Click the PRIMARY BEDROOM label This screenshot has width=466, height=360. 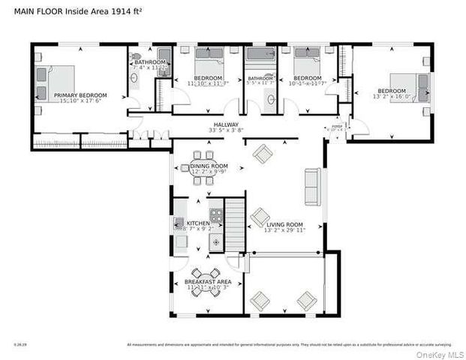click(x=80, y=95)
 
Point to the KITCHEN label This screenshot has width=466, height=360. click(x=198, y=223)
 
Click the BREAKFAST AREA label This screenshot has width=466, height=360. click(x=209, y=282)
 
